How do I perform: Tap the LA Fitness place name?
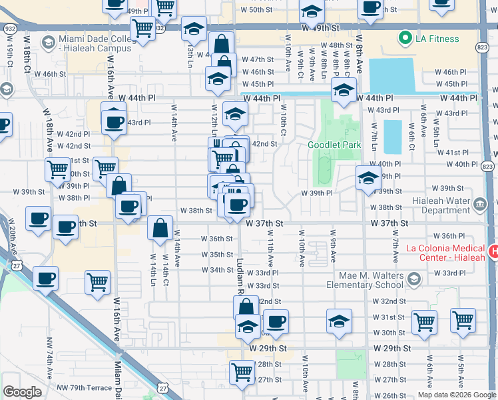437,39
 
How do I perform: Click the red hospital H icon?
493,251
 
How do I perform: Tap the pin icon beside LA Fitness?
405,39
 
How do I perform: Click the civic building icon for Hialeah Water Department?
479,203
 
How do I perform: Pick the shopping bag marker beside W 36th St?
160,229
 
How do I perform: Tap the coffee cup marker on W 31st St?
276,321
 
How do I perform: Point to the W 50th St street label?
248,9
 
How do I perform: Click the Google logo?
22,392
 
